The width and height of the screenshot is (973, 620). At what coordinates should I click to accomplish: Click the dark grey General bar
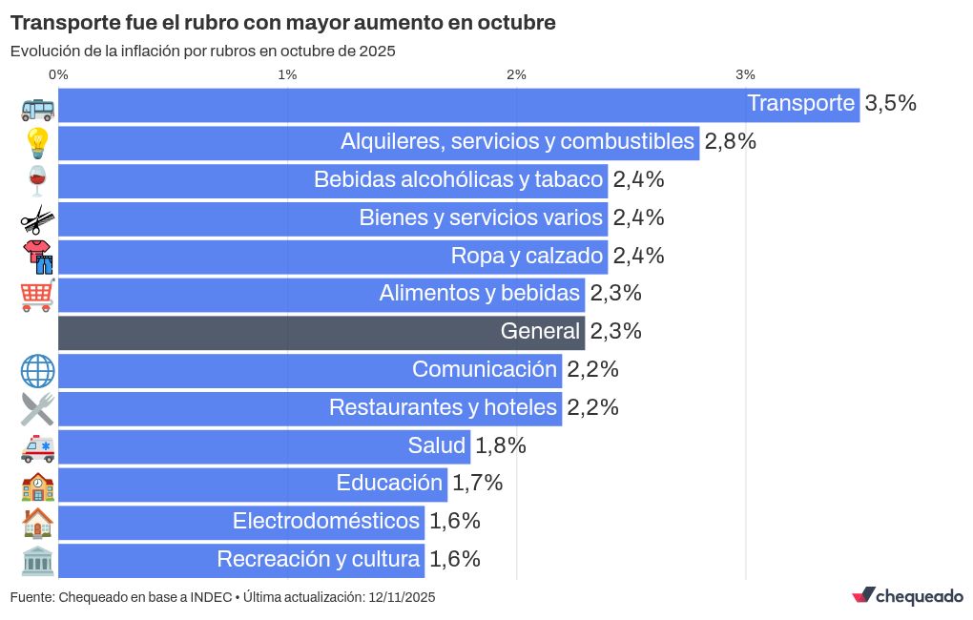(x=321, y=332)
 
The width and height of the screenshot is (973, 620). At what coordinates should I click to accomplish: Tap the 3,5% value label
(x=890, y=104)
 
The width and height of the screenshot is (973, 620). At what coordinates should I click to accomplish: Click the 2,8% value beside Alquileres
(x=730, y=142)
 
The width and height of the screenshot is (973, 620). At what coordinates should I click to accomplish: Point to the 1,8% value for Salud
(x=500, y=445)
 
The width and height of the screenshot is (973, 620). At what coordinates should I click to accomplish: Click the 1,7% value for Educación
(x=477, y=484)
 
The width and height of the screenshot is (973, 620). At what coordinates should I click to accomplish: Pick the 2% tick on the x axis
(x=516, y=74)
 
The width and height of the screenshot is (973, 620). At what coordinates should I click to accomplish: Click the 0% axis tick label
(x=58, y=74)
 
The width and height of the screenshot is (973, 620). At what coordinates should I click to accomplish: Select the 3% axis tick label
(x=745, y=74)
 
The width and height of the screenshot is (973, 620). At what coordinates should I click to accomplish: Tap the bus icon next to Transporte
(x=37, y=108)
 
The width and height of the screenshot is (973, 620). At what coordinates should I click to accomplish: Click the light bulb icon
(x=37, y=143)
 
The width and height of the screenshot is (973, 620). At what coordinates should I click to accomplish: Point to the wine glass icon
(x=37, y=180)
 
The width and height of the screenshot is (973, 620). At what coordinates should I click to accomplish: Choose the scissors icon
(x=37, y=219)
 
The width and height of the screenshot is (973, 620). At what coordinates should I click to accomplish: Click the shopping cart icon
(x=37, y=296)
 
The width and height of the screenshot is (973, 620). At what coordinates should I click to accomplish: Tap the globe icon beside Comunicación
(x=37, y=371)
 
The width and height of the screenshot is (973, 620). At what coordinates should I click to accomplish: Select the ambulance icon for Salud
(x=37, y=447)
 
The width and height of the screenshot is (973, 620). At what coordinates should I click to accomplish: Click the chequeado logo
(x=907, y=596)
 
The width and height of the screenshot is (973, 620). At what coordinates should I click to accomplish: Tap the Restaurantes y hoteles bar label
(x=443, y=408)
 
